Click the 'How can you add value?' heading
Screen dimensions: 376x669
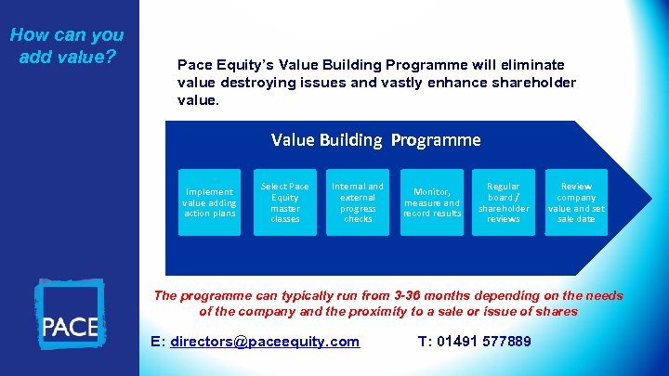click(x=67, y=45)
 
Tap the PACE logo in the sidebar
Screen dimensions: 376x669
click(x=70, y=314)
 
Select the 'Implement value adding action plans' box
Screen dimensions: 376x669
click(x=209, y=202)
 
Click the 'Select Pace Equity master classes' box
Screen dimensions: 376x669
click(x=285, y=202)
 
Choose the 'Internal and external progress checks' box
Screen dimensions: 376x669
click(x=358, y=202)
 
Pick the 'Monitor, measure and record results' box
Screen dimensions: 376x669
click(x=431, y=202)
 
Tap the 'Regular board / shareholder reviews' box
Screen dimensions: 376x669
click(x=504, y=202)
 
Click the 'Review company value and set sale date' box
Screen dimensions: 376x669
click(x=576, y=202)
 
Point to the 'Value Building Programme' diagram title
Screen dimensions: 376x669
click(x=375, y=140)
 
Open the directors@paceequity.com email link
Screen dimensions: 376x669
click(x=265, y=342)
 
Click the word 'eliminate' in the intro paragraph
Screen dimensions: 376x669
click(x=531, y=65)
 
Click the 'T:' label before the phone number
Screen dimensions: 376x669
click(x=425, y=342)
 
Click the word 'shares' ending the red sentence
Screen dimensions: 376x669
click(x=557, y=311)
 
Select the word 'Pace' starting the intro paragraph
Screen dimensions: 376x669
click(x=194, y=65)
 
